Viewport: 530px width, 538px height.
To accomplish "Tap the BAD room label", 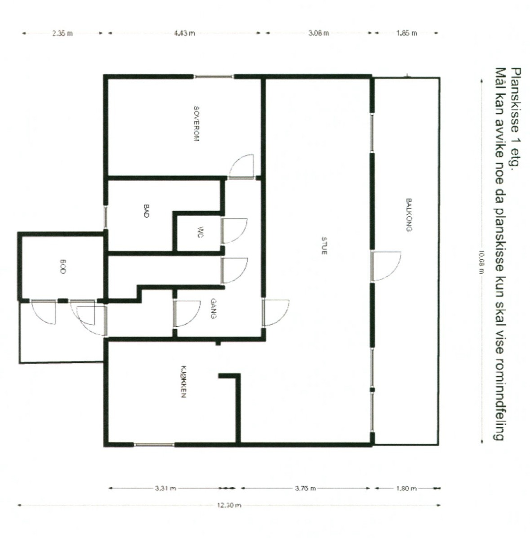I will (146, 211).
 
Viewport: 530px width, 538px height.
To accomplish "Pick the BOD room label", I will (63, 267).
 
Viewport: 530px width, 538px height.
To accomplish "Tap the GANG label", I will (214, 309).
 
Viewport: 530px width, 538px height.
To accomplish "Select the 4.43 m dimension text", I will (184, 33).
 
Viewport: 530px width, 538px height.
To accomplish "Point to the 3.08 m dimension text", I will (319, 33).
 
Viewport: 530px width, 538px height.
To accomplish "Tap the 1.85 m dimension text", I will (406, 33).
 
